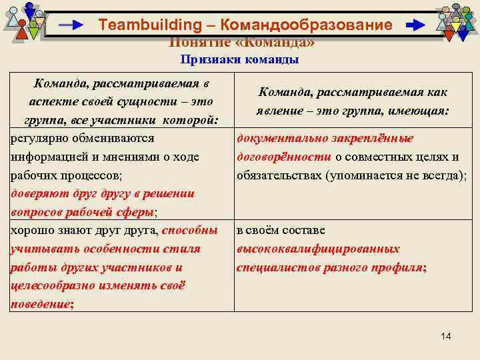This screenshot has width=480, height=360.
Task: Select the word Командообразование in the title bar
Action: (306, 25)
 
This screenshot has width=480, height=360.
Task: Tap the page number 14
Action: (445, 336)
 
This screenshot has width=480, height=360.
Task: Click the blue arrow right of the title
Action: (415, 25)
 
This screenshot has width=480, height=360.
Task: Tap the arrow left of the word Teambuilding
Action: (71, 25)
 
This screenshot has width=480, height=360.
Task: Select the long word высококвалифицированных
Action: (318, 249)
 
